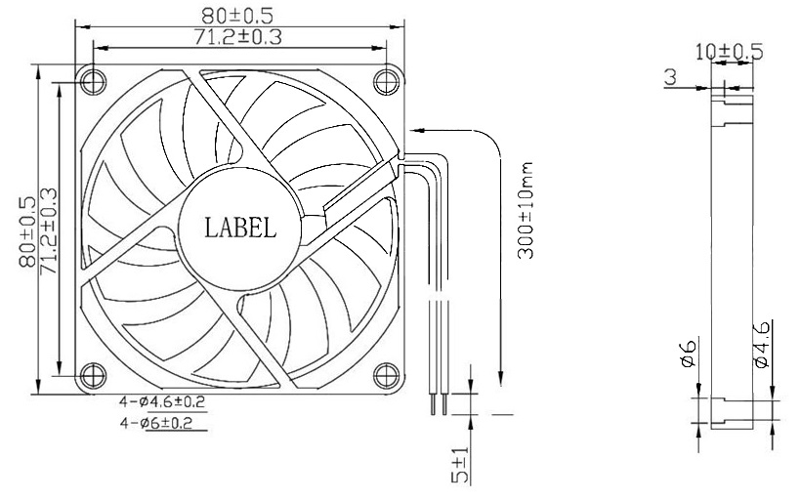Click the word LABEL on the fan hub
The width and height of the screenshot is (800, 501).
pos(239,228)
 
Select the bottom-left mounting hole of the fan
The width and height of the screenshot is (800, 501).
pos(93,373)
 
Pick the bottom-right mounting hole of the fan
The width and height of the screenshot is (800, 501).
pos(386,373)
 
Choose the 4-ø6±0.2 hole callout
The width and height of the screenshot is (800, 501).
pos(162,423)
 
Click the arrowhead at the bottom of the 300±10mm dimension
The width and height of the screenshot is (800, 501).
pos(501,379)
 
